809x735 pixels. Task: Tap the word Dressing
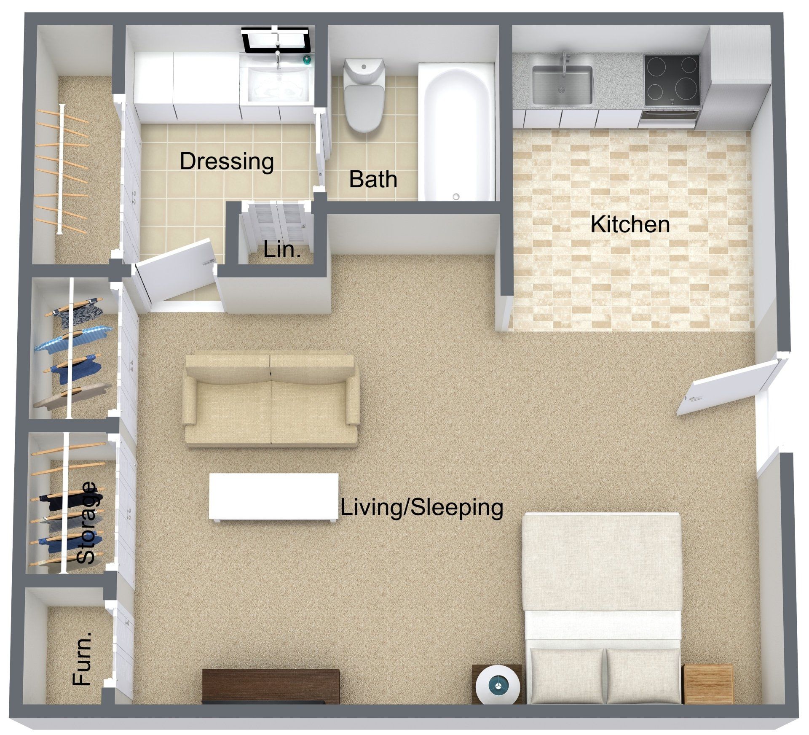pos(227,161)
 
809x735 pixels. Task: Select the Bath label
pos(373,179)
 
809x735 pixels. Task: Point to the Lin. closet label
pos(282,250)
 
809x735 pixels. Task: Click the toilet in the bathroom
pos(363,95)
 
